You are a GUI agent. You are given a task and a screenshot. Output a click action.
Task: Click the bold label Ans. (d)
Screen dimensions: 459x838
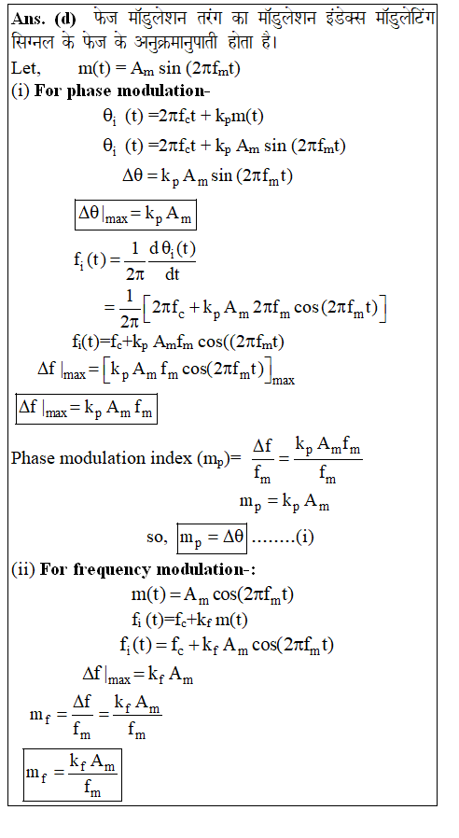(43, 19)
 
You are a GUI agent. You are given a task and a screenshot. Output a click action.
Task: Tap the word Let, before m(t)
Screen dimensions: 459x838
(25, 68)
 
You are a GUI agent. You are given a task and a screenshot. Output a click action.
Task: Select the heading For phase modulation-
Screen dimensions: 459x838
(122, 91)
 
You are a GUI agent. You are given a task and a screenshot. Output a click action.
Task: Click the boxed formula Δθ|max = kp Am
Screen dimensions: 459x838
(135, 215)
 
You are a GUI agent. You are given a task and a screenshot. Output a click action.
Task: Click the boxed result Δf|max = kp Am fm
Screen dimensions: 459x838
(86, 409)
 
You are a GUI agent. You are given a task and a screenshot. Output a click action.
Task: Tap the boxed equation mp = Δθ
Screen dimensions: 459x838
(212, 538)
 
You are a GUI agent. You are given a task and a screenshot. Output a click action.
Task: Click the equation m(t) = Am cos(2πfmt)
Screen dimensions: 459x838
(213, 594)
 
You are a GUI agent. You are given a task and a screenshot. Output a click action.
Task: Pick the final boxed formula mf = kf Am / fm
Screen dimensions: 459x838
(72, 775)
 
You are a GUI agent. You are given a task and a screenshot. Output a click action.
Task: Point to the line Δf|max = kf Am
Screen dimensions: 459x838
(138, 675)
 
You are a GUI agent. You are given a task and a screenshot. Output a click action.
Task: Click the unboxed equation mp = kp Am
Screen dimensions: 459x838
(285, 502)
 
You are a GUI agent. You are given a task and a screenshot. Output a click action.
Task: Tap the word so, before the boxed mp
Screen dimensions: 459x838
(157, 538)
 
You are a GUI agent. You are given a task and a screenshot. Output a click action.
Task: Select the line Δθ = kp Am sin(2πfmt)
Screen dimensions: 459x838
(207, 175)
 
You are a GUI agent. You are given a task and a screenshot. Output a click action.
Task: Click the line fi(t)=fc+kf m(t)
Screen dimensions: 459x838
(189, 620)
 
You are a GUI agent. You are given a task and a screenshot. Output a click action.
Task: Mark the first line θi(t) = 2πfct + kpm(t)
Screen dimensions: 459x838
(183, 117)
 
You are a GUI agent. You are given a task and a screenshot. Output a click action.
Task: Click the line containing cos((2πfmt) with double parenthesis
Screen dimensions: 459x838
(178, 342)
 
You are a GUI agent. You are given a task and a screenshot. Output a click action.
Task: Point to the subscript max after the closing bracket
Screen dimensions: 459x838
(284, 381)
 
